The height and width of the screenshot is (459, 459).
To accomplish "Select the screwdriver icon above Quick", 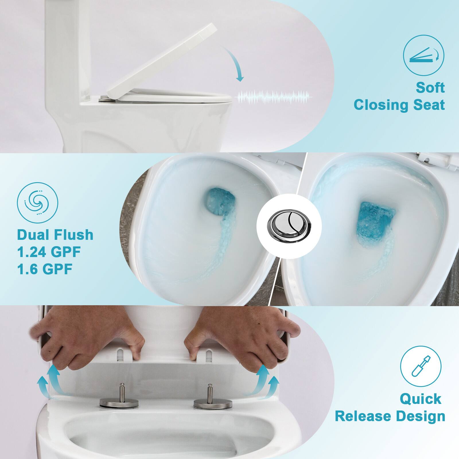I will coord(421,366).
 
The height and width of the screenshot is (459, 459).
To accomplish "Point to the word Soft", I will coord(430,87).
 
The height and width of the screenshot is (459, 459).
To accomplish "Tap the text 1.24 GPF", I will coord(49,252).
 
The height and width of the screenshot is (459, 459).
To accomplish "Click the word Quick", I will coord(421,399).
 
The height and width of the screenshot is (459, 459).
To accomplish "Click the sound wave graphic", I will coord(275,97).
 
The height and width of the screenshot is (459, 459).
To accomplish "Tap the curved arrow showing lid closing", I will coord(235,63).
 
